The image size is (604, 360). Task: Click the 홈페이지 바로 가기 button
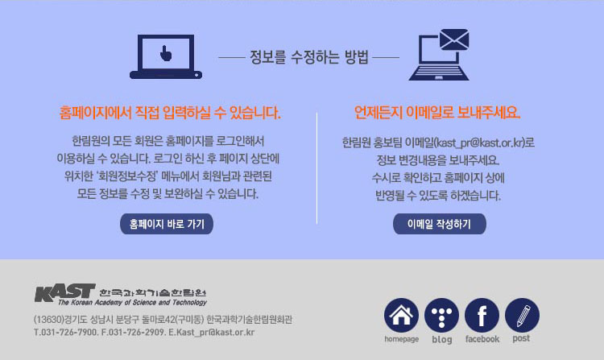[x=167, y=224]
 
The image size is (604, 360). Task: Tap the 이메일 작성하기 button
[x=439, y=224]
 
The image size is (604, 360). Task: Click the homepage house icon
[x=401, y=315]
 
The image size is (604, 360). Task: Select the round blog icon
[x=441, y=315]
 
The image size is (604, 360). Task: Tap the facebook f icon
[x=482, y=315]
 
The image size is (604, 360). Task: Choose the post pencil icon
[x=522, y=315]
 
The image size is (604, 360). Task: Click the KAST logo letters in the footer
[x=64, y=293]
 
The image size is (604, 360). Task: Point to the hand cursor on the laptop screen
[x=166, y=53]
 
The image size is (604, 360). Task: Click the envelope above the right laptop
[x=454, y=39]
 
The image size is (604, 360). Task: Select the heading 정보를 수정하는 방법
[x=309, y=57]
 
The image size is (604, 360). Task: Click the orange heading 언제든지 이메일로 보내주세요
[x=437, y=113]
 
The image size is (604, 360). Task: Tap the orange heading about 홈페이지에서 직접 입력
[x=170, y=113]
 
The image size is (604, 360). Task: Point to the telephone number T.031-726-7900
[x=66, y=333]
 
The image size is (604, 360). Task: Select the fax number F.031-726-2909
[x=133, y=333]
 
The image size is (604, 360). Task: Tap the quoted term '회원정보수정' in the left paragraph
[x=127, y=176]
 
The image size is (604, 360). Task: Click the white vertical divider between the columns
[x=316, y=168]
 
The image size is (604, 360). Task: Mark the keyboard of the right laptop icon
[x=439, y=73]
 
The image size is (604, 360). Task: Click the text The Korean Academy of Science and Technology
[x=133, y=303]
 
